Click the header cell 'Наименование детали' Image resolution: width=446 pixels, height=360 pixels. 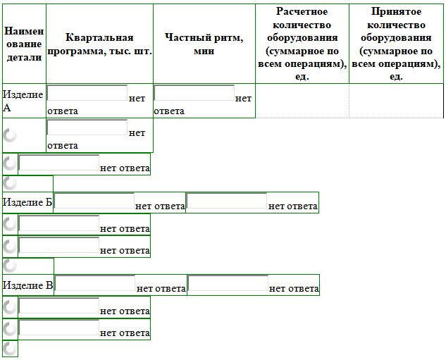pyautogui.click(x=24, y=44)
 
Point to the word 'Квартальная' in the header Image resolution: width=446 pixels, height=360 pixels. pyautogui.click(x=99, y=37)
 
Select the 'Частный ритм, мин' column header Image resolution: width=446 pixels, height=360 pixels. pyautogui.click(x=204, y=44)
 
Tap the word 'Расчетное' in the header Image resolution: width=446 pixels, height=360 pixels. pyautogui.click(x=302, y=11)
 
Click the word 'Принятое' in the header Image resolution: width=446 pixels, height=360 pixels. pyautogui.click(x=396, y=11)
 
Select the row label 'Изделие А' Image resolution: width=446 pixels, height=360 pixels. pyautogui.click(x=23, y=101)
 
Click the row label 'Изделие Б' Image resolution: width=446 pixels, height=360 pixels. pyautogui.click(x=27, y=202)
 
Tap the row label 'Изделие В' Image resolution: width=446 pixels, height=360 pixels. pyautogui.click(x=28, y=285)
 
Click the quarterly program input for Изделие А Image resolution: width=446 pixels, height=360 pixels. pyautogui.click(x=87, y=93)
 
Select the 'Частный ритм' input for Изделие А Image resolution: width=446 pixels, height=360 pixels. pyautogui.click(x=194, y=93)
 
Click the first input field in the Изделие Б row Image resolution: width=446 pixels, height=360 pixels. pyautogui.click(x=94, y=201)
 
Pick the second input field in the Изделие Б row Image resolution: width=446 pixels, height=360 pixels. pyautogui.click(x=227, y=201)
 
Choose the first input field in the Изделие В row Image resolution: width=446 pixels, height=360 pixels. pyautogui.click(x=95, y=283)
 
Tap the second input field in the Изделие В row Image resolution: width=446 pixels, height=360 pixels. pyautogui.click(x=228, y=283)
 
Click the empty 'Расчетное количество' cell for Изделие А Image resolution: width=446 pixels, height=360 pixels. pyautogui.click(x=302, y=101)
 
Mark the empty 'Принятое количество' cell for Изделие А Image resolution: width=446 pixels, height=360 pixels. pyautogui.click(x=396, y=101)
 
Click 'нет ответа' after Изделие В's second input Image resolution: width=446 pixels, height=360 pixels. pyautogui.click(x=294, y=289)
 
